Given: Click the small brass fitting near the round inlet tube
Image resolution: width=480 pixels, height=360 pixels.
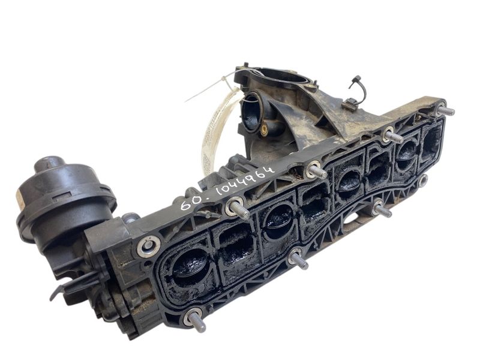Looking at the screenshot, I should click(265, 128).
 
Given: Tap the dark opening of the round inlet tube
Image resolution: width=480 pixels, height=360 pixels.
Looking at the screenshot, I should click(251, 111).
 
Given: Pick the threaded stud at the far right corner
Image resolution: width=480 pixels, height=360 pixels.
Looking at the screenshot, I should click(445, 110).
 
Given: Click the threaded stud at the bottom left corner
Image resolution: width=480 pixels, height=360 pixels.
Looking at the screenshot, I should click(196, 321).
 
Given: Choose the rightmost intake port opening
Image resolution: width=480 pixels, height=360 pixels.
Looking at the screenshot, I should click(431, 138).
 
